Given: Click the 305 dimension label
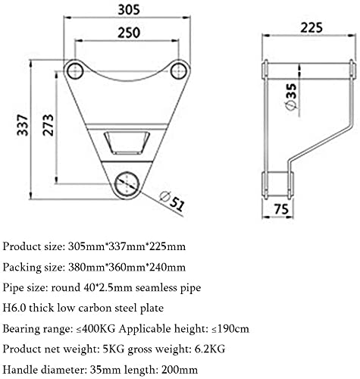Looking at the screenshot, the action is click(x=129, y=10).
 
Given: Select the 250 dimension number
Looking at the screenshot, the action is click(x=129, y=33).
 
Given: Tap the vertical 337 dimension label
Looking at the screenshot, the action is click(x=23, y=125).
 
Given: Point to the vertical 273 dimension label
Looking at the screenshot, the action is click(x=48, y=125).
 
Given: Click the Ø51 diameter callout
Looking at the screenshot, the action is click(x=172, y=202).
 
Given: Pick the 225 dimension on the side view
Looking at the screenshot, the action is click(x=311, y=27).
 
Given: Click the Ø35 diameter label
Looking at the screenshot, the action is click(x=291, y=97).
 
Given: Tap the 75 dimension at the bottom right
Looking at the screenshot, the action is click(x=281, y=209).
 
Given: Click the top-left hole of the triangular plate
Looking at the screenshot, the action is click(x=75, y=71).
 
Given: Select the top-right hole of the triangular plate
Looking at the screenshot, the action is click(x=178, y=71).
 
